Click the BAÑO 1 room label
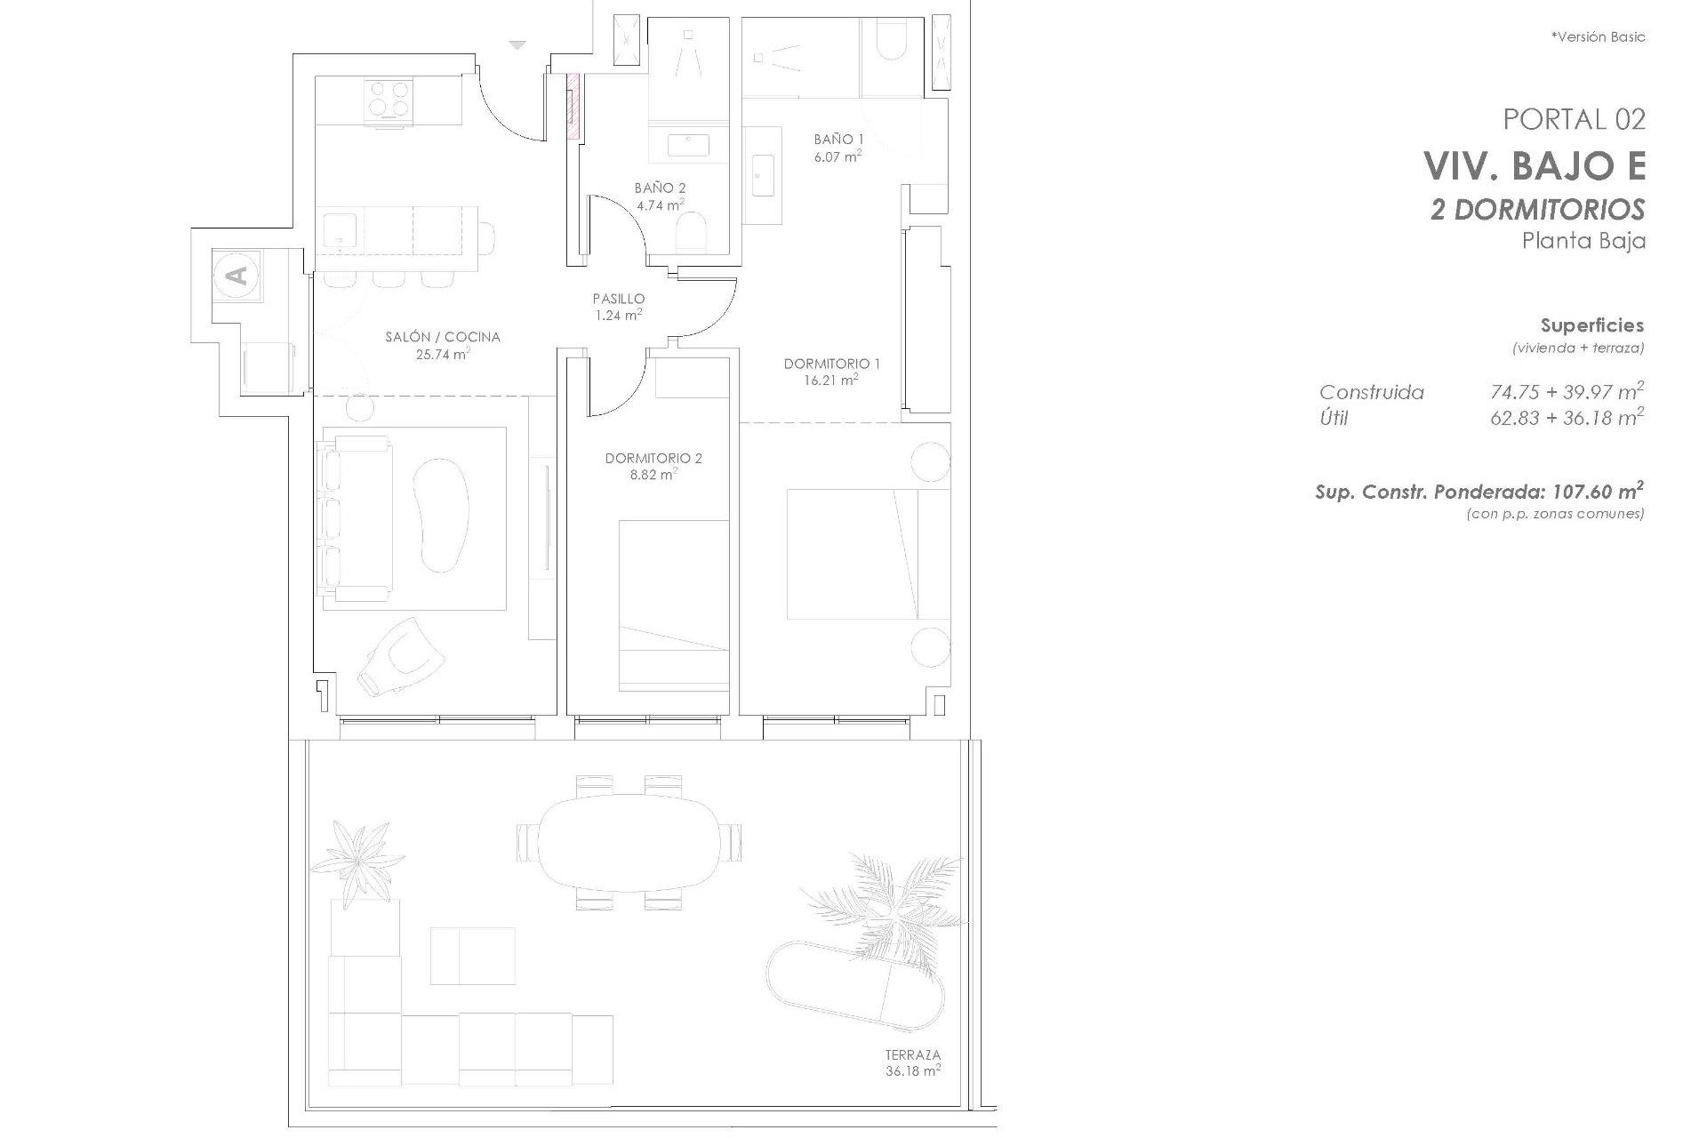point(838,139)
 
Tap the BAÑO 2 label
point(660,188)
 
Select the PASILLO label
point(619,299)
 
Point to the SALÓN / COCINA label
point(442,337)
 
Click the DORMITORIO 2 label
point(653,459)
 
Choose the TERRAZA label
point(912,1055)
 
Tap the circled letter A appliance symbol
point(237,275)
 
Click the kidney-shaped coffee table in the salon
point(442,513)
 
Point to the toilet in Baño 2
point(692,234)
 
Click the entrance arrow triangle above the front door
point(518,44)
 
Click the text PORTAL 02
point(1574,119)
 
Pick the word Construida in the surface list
point(1371,392)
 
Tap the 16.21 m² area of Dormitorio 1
point(832,381)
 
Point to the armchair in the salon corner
point(402,657)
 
